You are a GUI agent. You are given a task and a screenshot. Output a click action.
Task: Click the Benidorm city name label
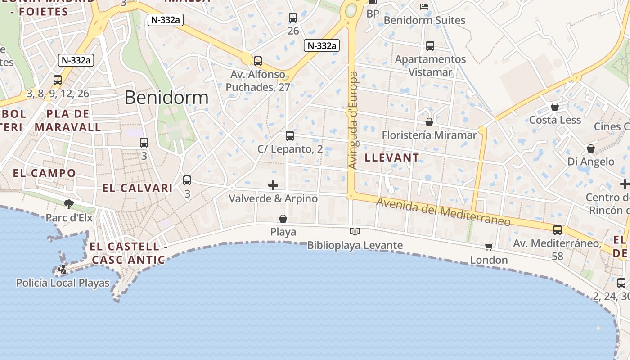pyautogui.click(x=166, y=98)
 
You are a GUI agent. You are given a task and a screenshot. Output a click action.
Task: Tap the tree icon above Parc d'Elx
pyautogui.click(x=69, y=205)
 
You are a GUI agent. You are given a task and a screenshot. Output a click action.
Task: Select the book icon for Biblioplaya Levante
pyautogui.click(x=355, y=232)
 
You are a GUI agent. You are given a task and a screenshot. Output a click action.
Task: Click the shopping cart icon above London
pyautogui.click(x=489, y=247)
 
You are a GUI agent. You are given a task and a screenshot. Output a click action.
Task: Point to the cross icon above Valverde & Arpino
pyautogui.click(x=273, y=185)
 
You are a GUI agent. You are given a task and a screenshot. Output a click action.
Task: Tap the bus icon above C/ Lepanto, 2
pyautogui.click(x=290, y=136)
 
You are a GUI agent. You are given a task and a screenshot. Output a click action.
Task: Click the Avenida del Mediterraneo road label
pyautogui.click(x=443, y=212)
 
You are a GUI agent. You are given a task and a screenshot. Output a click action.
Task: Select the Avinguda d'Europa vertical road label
pyautogui.click(x=353, y=120)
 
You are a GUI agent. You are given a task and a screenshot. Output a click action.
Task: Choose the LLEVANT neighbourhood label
pyautogui.click(x=391, y=158)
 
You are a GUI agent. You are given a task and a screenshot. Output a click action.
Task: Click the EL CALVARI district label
pyautogui.click(x=137, y=188)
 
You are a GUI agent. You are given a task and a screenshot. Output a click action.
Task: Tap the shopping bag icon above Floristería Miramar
pyautogui.click(x=429, y=122)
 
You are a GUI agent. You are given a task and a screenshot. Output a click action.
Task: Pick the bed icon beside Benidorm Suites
pyautogui.click(x=424, y=6)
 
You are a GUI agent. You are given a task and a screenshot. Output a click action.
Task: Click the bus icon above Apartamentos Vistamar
pyautogui.click(x=430, y=46)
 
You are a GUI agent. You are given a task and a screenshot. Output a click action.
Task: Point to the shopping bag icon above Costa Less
pyautogui.click(x=555, y=107)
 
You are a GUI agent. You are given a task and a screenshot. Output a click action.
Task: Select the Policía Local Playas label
pyautogui.click(x=63, y=283)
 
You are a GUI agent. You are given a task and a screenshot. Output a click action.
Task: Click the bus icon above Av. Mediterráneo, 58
pyautogui.click(x=558, y=230)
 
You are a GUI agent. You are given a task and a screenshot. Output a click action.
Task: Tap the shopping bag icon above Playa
pyautogui.click(x=283, y=219)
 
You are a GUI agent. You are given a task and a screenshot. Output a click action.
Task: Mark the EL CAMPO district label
pyautogui.click(x=45, y=173)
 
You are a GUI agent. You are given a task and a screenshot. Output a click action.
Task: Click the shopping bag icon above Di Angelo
pyautogui.click(x=591, y=148)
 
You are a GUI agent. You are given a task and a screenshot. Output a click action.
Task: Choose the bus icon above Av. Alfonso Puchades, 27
pyautogui.click(x=258, y=61)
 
